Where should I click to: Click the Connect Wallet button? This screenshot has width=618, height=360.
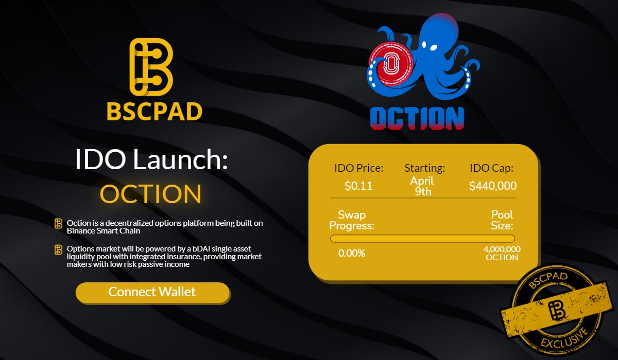152,292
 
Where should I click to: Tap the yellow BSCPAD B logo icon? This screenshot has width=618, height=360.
150,67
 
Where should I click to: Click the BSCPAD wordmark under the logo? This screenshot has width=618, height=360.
154,112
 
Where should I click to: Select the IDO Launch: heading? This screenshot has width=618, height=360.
151,160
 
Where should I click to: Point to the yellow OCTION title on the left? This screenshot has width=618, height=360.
150,193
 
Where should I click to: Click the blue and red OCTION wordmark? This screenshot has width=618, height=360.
417,118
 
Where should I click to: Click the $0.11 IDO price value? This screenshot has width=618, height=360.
358,186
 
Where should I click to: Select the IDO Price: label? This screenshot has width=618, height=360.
358,168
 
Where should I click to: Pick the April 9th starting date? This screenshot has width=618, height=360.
422,186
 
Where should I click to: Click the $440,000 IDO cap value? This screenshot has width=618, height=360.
492,186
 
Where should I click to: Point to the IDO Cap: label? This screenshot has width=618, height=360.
492,168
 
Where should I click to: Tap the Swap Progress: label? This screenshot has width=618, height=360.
352,220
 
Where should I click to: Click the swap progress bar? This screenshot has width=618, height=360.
422,239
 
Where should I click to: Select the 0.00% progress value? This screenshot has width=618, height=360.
352,253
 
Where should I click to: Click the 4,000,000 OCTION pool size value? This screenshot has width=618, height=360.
502,253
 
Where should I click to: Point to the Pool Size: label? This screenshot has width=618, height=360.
502,220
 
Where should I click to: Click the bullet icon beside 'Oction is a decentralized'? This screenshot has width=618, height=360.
59,224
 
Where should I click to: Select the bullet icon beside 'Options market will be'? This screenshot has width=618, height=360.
59,249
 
